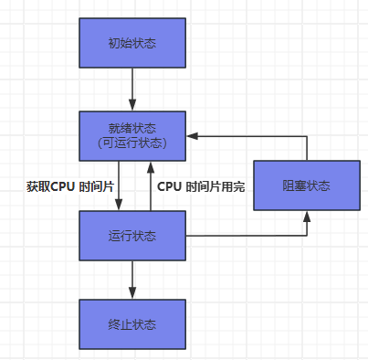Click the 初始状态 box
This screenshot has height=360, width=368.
point(132,43)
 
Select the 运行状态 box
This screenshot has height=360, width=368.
point(132,235)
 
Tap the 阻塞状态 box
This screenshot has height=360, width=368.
point(306,185)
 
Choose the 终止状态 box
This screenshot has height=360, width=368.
point(132,323)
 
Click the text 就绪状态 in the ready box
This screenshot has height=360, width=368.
point(132,127)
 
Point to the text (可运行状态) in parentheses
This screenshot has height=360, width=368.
point(132,143)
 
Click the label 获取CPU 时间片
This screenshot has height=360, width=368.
point(69,185)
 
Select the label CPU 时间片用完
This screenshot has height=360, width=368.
point(201,185)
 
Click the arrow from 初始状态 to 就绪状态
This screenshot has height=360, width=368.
point(132,90)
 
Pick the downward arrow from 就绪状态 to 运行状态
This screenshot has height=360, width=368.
point(117,183)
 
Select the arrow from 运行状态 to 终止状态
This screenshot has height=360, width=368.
point(132,278)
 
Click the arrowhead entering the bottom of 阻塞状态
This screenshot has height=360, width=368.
point(306,217)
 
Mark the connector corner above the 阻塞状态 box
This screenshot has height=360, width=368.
point(306,135)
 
